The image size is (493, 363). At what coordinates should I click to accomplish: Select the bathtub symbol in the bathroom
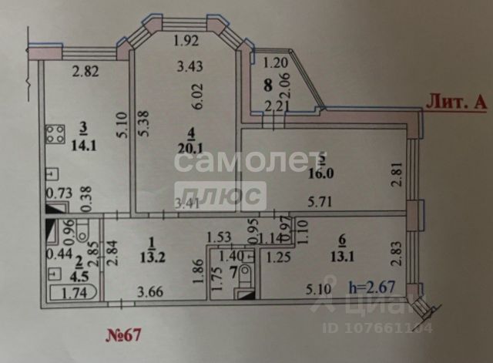pos(71,293)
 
